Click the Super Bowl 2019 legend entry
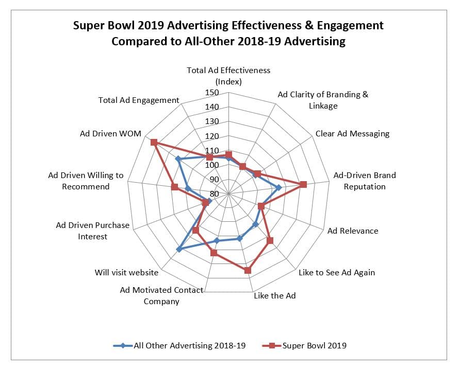click(x=314, y=345)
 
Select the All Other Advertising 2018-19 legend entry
click(x=189, y=345)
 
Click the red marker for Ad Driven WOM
click(x=153, y=142)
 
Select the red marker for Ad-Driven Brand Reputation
click(x=303, y=184)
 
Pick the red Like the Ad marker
click(x=248, y=270)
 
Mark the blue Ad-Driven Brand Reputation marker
click(x=278, y=187)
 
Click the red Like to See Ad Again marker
click(x=269, y=240)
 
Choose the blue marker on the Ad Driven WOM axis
click(x=178, y=160)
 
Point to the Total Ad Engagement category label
click(x=139, y=100)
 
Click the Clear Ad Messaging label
click(x=352, y=134)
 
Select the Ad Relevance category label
click(x=353, y=231)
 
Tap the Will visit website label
click(x=127, y=272)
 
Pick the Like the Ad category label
click(x=275, y=296)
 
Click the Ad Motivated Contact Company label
click(x=161, y=296)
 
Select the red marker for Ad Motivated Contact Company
click(x=213, y=253)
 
